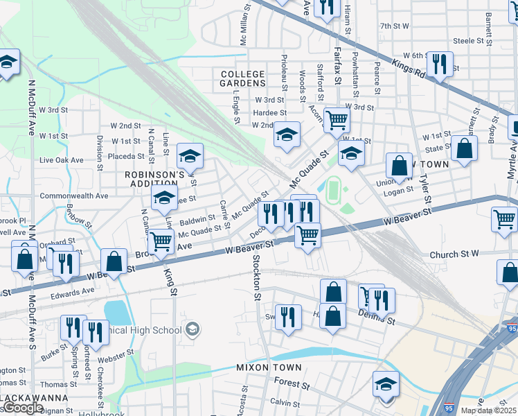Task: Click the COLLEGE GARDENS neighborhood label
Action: coord(242,78)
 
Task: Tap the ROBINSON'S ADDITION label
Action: coord(154,180)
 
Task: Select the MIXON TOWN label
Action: coord(269,367)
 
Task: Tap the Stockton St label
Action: coord(256,277)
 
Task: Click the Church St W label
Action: coord(454,254)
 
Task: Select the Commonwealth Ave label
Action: coord(74,196)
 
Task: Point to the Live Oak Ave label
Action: coord(62,160)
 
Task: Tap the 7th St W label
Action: coord(395,26)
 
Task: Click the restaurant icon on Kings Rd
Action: coord(440,64)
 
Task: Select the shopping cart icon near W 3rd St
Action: coord(337,119)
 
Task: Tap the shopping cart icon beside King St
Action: coord(161,241)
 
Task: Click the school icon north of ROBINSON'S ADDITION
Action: coord(189,155)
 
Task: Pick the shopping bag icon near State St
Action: coord(464,148)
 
